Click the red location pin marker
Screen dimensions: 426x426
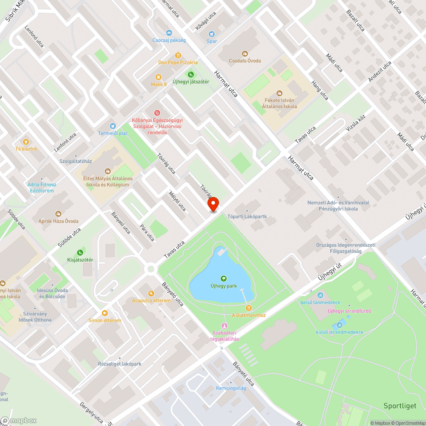(213, 205)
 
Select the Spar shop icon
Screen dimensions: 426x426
(212, 34)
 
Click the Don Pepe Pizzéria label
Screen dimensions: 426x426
(178, 62)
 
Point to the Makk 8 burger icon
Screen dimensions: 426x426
(158, 77)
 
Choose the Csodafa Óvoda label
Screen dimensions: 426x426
(245, 61)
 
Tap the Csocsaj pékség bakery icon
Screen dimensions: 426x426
(169, 33)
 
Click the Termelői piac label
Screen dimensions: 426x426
(113, 133)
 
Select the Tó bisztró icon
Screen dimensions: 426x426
(26, 141)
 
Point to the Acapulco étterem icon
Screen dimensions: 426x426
(151, 293)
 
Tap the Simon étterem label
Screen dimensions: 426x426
(105, 320)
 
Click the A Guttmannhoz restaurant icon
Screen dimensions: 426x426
(249, 308)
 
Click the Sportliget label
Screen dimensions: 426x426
(400, 406)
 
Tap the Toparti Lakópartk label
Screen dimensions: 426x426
(247, 216)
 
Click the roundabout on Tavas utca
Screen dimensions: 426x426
(150, 269)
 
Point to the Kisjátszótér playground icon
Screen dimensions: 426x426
(80, 253)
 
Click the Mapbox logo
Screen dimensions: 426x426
(19, 420)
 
